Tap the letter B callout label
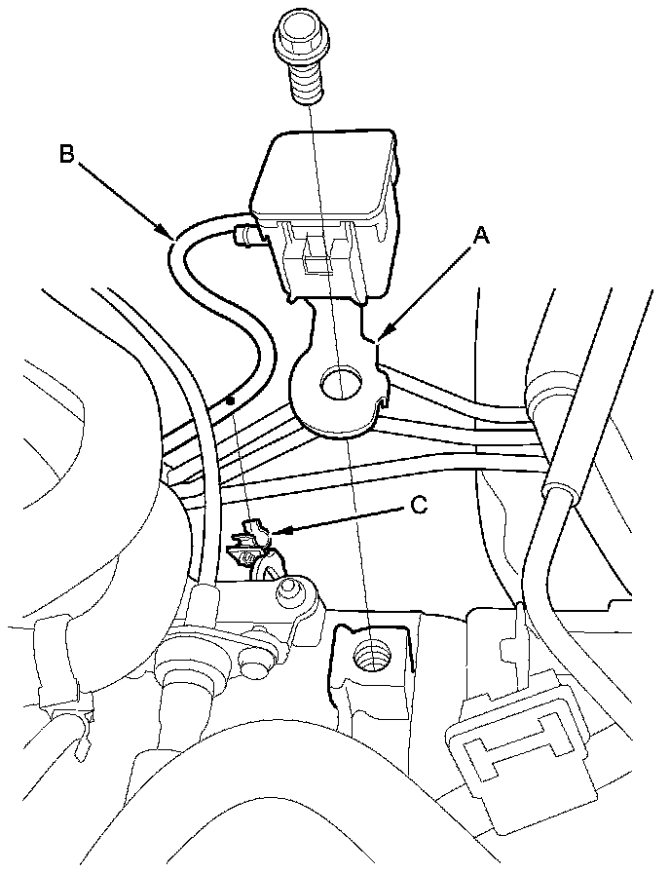click(66, 153)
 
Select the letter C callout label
click(418, 506)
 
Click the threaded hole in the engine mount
click(373, 650)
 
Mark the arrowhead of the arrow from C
click(274, 532)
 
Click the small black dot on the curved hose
click(230, 399)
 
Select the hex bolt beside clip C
click(289, 591)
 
